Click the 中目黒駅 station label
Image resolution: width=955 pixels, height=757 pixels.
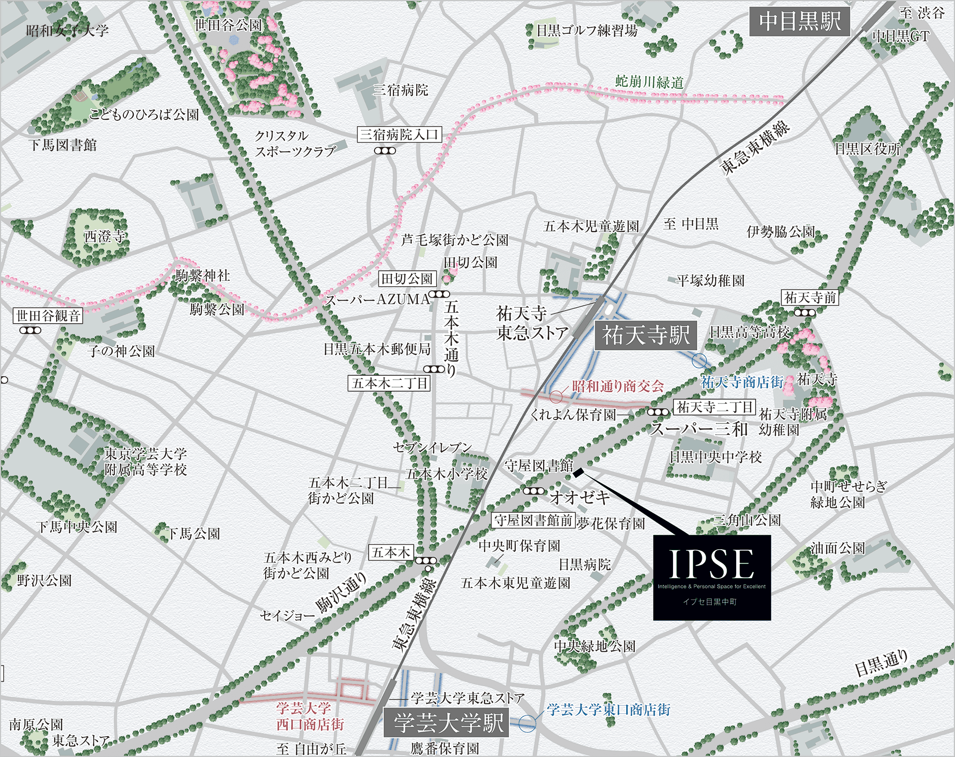[799, 21]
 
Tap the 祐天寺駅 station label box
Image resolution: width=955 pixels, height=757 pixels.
[646, 335]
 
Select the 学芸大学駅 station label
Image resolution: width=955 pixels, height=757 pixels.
[446, 723]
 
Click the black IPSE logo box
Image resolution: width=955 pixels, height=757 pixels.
[712, 577]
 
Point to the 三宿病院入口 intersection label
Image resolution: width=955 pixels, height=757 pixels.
[399, 134]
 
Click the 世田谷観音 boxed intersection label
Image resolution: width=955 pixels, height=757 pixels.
[48, 316]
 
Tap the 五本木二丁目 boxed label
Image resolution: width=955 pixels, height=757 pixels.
[389, 383]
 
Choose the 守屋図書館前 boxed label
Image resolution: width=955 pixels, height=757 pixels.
[533, 520]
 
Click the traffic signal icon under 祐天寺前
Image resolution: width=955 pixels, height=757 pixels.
[804, 313]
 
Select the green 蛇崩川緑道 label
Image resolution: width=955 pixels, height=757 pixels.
[649, 82]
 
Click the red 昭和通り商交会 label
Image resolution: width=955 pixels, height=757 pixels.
[618, 386]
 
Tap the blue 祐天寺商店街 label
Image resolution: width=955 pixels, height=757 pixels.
[742, 382]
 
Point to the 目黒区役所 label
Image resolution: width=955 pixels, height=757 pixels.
[867, 149]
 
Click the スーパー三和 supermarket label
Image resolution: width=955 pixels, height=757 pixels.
[699, 429]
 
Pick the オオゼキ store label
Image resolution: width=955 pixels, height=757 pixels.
[579, 497]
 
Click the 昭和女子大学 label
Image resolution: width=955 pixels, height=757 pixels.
[67, 31]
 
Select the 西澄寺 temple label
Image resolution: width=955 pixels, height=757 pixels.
[104, 236]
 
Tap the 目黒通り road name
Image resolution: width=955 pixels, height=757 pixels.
[881, 664]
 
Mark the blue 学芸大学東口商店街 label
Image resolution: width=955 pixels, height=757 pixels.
[608, 709]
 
